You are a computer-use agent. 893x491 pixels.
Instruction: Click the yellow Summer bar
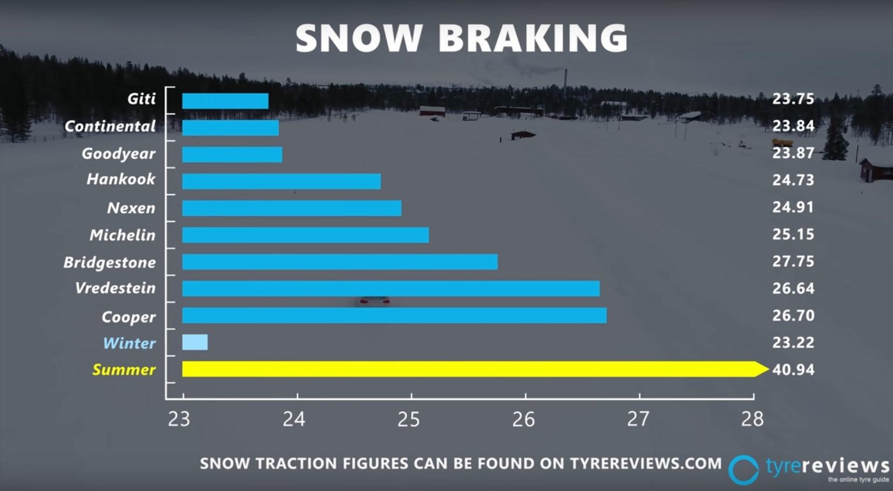pos(475,369)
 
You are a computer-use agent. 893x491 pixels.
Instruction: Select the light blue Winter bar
pos(195,342)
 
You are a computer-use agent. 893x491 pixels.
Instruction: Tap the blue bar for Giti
pos(225,101)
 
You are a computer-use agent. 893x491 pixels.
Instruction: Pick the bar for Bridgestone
pos(340,262)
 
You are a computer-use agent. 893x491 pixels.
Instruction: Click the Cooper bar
pos(394,315)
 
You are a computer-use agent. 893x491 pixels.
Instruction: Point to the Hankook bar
pos(281,181)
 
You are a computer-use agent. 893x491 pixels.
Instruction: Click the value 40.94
pos(793,369)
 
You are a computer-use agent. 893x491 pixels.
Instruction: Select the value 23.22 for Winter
pos(793,342)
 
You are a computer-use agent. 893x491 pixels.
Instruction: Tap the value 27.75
pos(793,261)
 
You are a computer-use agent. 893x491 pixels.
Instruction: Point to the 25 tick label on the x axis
pos(409,419)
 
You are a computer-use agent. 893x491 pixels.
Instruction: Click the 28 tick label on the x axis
pos(752,419)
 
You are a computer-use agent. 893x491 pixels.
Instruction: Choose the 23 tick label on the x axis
pos(179,419)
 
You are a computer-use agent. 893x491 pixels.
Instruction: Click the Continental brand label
pos(110,126)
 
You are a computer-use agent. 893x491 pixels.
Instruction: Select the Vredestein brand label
pos(115,288)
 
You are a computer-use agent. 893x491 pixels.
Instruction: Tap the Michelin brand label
pos(122,235)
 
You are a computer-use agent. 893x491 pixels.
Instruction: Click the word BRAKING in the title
pos(533,38)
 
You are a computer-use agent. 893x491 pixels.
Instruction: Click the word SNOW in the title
pos(359,38)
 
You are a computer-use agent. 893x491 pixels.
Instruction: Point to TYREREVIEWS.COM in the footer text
pos(645,464)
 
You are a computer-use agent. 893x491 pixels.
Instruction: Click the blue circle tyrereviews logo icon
pos(744,470)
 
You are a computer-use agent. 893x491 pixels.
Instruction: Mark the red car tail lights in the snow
pos(374,301)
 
